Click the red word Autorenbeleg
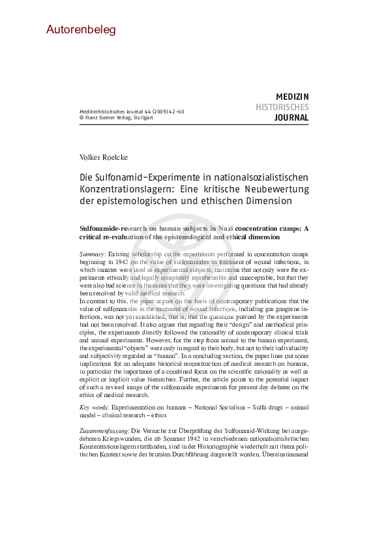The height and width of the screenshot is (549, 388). click(81, 29)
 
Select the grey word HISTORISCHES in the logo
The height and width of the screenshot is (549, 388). click(282, 107)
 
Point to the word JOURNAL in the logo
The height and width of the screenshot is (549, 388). click(291, 118)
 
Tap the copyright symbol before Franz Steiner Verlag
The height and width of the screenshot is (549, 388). click(82, 118)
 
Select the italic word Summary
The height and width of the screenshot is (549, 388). click(92, 252)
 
